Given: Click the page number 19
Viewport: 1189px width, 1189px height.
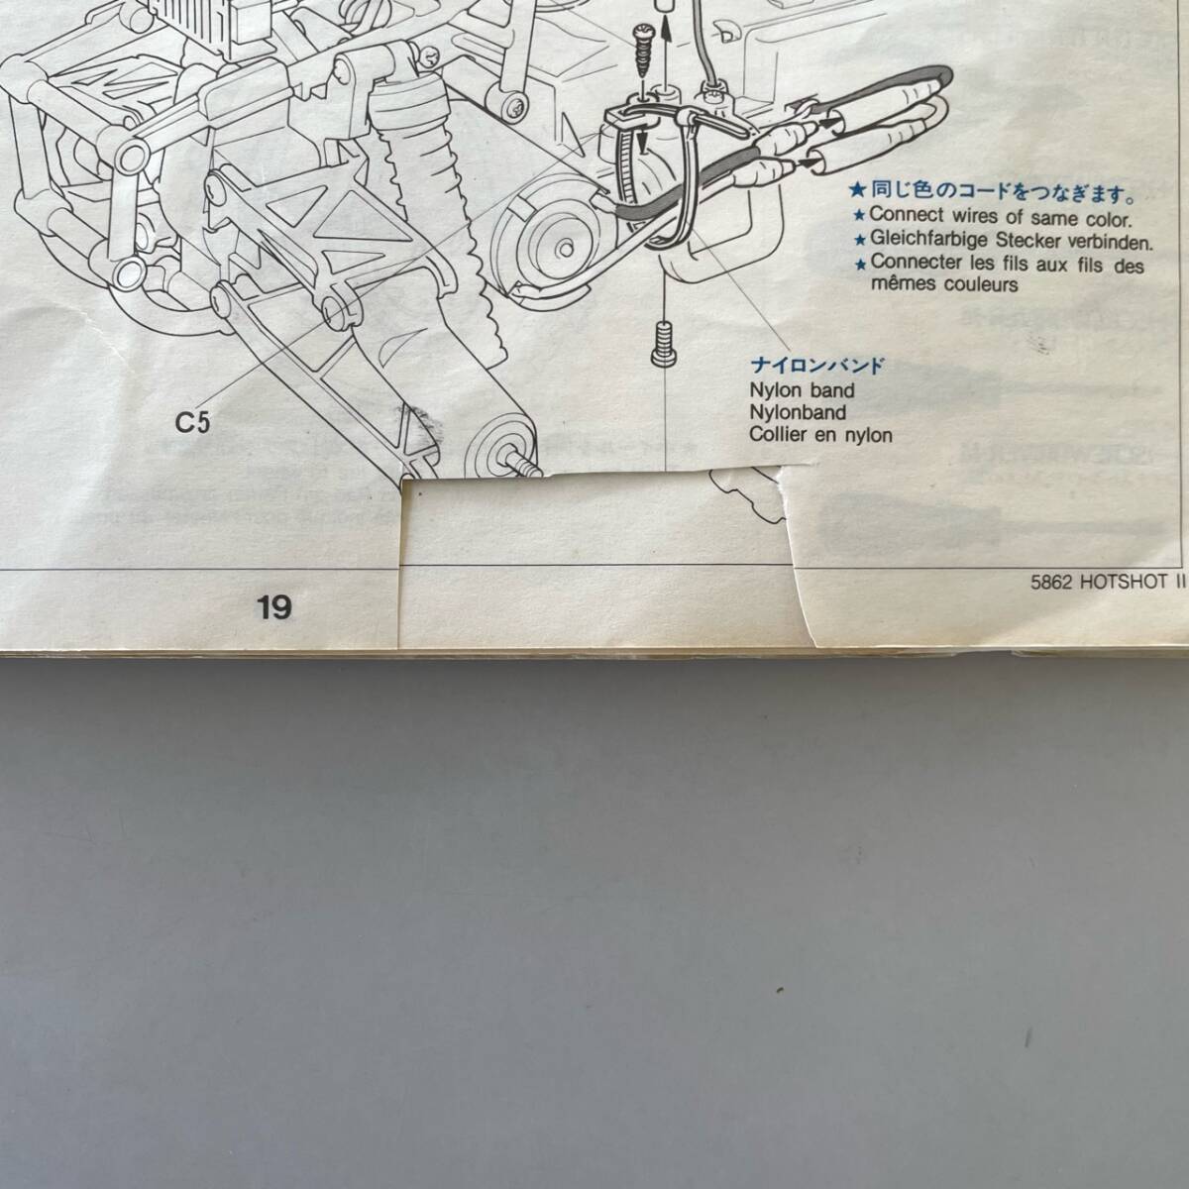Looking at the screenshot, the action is click(274, 606).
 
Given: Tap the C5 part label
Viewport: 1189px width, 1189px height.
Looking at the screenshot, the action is click(193, 422).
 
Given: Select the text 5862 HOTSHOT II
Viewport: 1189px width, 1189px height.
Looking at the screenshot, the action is click(1108, 584).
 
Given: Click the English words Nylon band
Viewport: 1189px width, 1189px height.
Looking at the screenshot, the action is click(802, 390).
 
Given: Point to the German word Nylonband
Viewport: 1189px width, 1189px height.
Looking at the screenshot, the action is click(798, 412).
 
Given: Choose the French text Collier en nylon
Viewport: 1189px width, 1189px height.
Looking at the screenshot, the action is click(821, 435).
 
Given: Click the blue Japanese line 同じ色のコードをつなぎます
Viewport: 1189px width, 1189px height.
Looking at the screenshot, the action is click(995, 192).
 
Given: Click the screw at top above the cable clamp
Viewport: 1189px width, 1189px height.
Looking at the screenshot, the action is click(640, 46).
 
